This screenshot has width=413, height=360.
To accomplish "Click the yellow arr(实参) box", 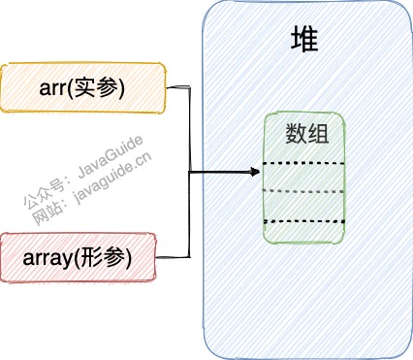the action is (84, 87).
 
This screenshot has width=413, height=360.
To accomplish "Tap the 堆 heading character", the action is (306, 39).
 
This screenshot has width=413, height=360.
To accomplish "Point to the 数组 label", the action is (307, 133).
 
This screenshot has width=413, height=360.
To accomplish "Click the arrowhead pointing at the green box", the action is (256, 173).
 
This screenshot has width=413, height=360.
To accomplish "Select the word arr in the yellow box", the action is (58, 88).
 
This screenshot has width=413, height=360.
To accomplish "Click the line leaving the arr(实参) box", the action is (178, 88).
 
